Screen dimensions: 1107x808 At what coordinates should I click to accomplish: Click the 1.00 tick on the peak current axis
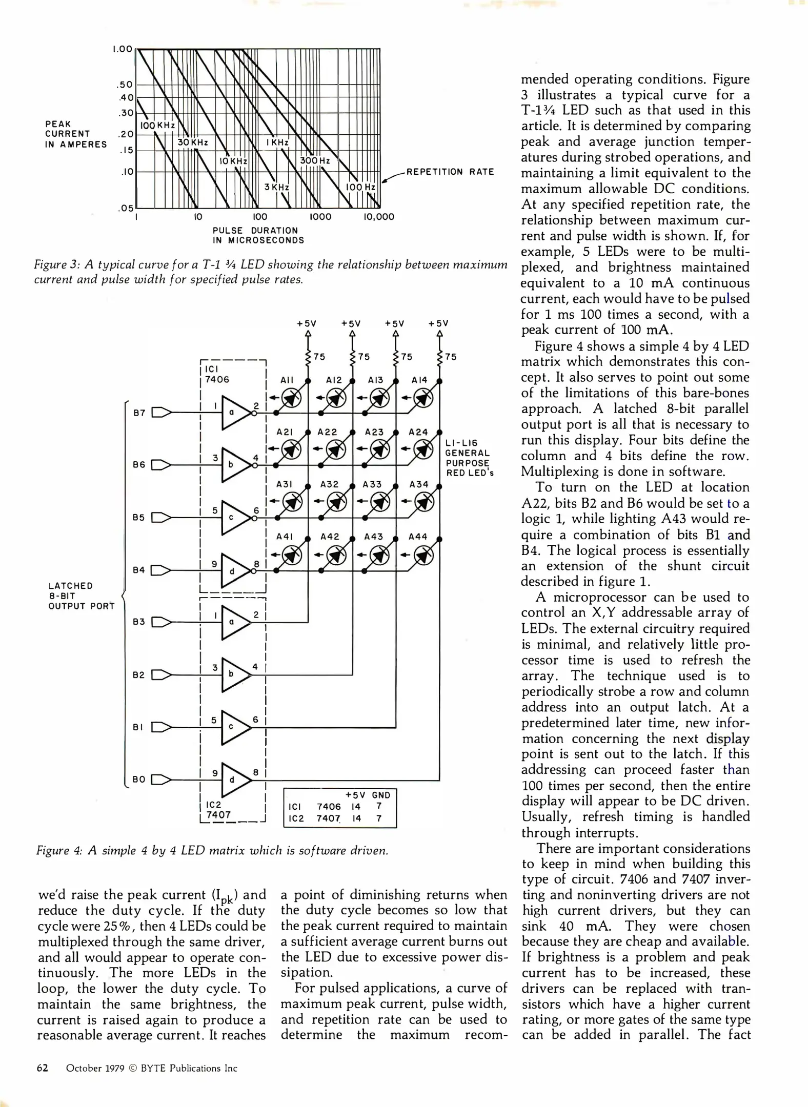tap(122, 49)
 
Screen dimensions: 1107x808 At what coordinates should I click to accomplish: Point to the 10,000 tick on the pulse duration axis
tap(378, 217)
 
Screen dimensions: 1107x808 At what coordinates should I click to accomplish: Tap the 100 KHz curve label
tap(157, 126)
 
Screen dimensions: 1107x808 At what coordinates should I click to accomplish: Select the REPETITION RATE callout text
tap(450, 172)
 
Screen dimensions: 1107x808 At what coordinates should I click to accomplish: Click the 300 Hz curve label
tap(315, 160)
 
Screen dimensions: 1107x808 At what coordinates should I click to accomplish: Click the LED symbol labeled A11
tap(292, 398)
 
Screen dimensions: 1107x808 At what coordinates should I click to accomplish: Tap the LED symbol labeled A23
tap(379, 450)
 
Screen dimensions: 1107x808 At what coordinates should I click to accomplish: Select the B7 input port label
tap(139, 413)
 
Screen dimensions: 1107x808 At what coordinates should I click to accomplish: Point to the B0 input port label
tap(139, 780)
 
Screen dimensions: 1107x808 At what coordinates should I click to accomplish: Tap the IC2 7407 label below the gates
tap(218, 810)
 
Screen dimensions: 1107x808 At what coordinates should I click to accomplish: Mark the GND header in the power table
tap(381, 795)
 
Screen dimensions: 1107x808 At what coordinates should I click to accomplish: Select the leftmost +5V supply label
tap(307, 323)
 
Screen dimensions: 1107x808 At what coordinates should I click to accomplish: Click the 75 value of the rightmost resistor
tap(451, 357)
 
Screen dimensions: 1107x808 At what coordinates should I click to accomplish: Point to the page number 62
tap(43, 1068)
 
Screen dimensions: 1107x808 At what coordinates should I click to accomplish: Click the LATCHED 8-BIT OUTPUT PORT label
tap(81, 596)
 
